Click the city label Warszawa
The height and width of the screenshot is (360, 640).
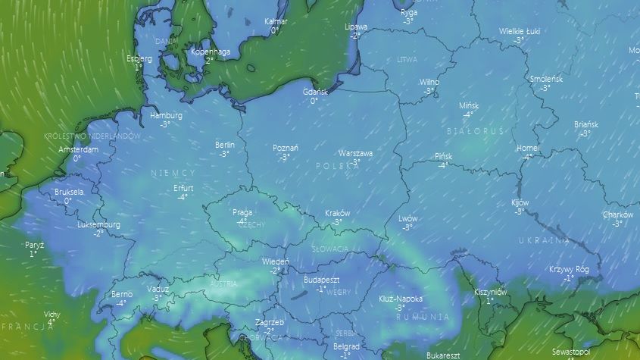pos(355,153)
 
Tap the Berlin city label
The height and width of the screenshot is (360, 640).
pos(224,145)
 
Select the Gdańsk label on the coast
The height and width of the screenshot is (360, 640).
pos(314,92)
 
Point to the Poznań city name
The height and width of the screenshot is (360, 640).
pos(285,149)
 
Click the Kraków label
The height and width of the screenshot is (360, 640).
pos(337,214)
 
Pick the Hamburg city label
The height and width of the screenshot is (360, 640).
pos(166,116)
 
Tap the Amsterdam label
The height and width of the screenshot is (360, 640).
pos(79,150)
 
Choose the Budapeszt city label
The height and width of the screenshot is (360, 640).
pos(321,280)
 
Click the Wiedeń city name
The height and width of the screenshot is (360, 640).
pos(274,261)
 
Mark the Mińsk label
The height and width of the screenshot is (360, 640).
pos(468,105)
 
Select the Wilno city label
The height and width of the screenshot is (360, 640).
pos(429,82)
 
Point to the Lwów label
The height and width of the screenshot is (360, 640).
pos(407,218)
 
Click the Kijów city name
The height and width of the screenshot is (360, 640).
pos(520,203)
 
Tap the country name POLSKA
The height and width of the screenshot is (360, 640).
pos(334,165)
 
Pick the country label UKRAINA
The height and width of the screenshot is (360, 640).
pos(543,240)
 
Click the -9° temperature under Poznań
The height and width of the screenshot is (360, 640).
pos(285,158)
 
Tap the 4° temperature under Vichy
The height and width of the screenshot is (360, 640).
pos(51,322)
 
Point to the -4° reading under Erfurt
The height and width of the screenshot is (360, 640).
pos(183,197)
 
